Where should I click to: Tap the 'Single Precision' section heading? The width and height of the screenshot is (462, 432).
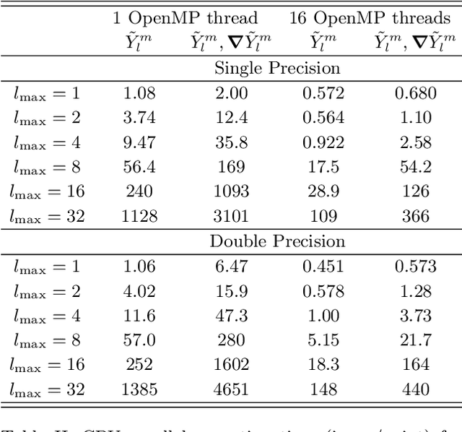(x=278, y=69)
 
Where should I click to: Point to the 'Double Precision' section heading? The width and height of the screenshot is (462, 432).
(x=278, y=241)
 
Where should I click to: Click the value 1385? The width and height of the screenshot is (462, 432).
(x=139, y=389)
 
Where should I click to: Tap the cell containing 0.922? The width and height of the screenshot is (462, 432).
(x=323, y=142)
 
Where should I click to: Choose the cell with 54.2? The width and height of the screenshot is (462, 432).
(x=415, y=167)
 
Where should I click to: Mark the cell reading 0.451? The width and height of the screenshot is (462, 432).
(x=323, y=266)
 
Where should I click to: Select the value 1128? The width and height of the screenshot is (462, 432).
(x=139, y=216)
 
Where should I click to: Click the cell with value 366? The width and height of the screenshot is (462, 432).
(x=415, y=216)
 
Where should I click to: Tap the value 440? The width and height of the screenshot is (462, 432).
(x=415, y=389)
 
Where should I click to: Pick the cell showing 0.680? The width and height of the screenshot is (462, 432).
(x=415, y=93)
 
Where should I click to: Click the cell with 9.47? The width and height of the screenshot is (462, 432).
(x=139, y=142)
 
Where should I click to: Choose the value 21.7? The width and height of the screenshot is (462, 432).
(x=415, y=340)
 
